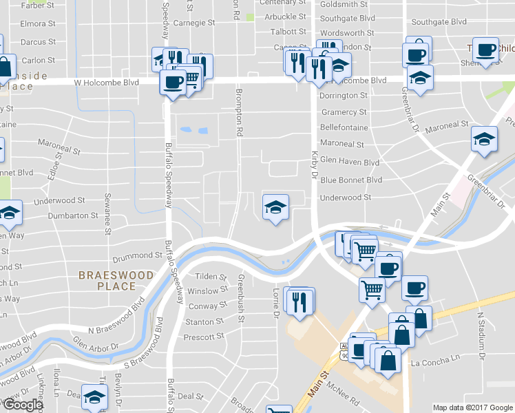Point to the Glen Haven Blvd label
point(350,162)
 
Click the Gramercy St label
point(343,112)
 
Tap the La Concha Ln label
point(434,359)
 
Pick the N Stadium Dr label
point(481,334)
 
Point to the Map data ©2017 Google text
point(472,407)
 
